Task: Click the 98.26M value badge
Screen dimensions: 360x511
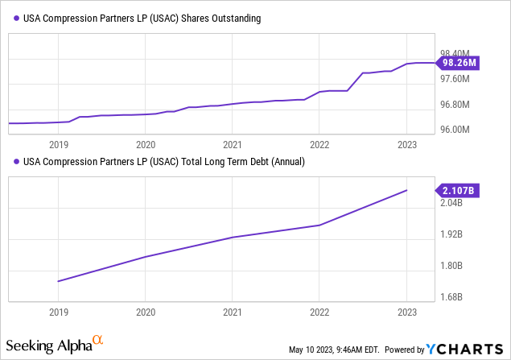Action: click(x=458, y=63)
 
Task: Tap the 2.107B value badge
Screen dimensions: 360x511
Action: click(x=458, y=190)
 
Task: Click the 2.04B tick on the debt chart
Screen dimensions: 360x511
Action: click(x=451, y=203)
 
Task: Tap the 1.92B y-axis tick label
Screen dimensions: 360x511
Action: click(x=451, y=234)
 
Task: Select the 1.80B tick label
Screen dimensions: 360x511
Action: click(x=451, y=266)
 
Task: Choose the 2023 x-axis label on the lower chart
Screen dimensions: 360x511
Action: click(x=407, y=312)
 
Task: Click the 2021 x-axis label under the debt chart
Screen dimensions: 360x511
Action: click(x=233, y=312)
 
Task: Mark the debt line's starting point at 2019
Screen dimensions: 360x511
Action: click(x=59, y=281)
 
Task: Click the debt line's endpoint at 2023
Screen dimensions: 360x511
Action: click(x=407, y=190)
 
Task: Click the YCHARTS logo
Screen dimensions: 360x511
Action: click(x=466, y=349)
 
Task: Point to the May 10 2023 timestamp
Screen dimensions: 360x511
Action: click(x=334, y=350)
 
